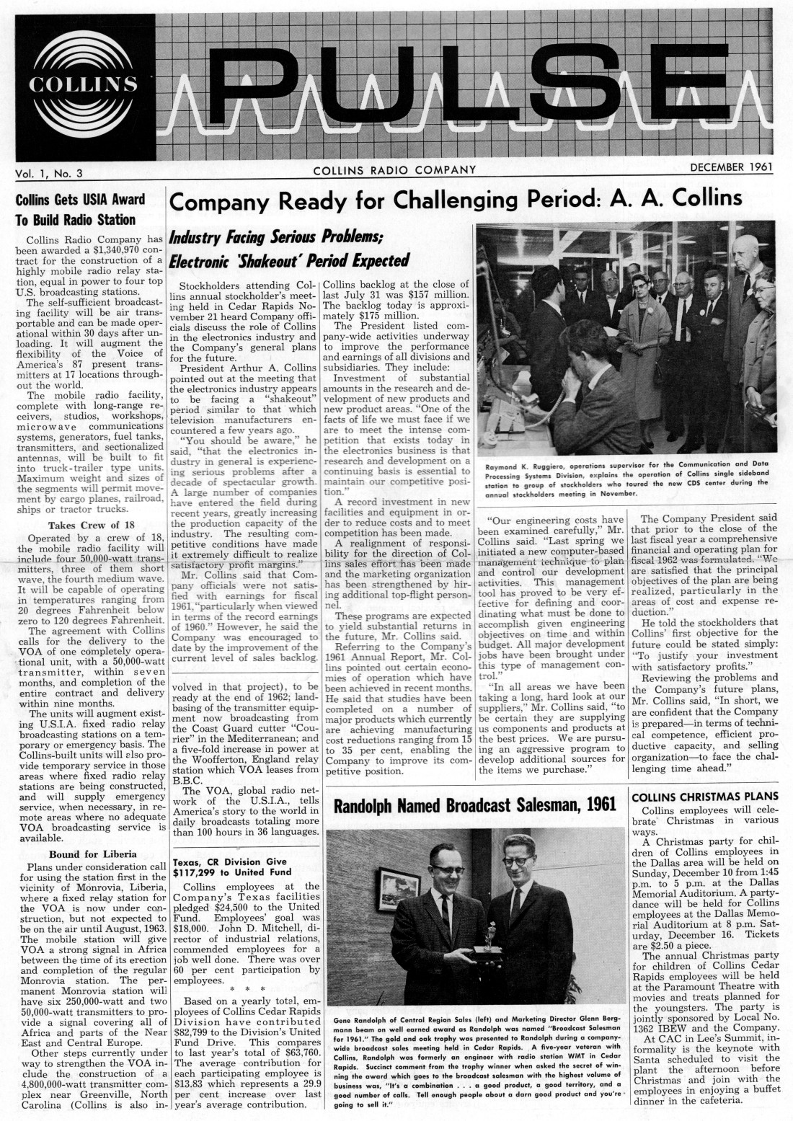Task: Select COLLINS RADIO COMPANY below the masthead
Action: [395, 170]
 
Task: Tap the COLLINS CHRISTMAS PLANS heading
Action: [704, 797]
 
